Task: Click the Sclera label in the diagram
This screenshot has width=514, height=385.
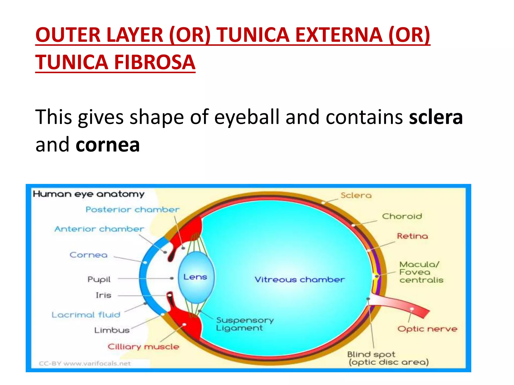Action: [356, 195]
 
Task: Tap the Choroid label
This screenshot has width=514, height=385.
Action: [402, 216]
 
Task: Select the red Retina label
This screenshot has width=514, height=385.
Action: [412, 236]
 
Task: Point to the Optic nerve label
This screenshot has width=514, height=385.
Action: [427, 329]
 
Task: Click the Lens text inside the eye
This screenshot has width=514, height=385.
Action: [195, 277]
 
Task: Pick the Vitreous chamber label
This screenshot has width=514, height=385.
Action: [300, 279]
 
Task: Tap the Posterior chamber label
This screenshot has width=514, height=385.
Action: [133, 210]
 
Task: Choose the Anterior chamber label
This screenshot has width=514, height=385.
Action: [99, 229]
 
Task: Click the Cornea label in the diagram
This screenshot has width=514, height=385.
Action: [89, 255]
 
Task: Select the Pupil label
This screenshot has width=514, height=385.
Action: [99, 279]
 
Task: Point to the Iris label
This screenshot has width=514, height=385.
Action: [103, 295]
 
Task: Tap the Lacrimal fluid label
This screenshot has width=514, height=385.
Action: [86, 315]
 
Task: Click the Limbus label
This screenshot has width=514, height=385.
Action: [112, 330]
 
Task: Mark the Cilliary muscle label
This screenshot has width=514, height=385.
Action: [143, 347]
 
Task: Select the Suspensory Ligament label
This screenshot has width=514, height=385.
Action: [245, 324]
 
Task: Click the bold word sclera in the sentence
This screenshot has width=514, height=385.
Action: [436, 117]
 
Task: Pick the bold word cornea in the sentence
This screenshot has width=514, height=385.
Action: [108, 145]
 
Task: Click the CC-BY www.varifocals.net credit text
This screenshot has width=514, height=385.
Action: [85, 363]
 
